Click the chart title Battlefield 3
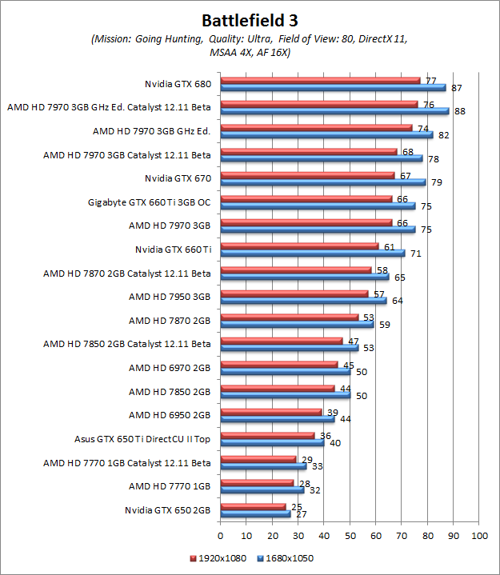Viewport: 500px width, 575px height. (250, 19)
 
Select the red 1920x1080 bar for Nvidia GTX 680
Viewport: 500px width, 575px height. (320, 80)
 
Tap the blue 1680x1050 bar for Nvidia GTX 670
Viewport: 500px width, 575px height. (322, 182)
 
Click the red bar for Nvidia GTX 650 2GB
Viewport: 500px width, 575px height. (253, 506)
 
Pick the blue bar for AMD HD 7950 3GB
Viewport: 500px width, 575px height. (303, 301)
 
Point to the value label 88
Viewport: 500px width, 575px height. (459, 111)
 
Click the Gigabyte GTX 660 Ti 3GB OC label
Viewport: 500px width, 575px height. (150, 202)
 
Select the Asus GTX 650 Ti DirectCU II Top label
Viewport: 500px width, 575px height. (142, 439)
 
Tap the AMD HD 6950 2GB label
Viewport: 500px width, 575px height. (170, 415)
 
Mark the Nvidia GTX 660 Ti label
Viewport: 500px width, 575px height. (173, 250)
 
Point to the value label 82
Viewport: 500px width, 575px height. (444, 135)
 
